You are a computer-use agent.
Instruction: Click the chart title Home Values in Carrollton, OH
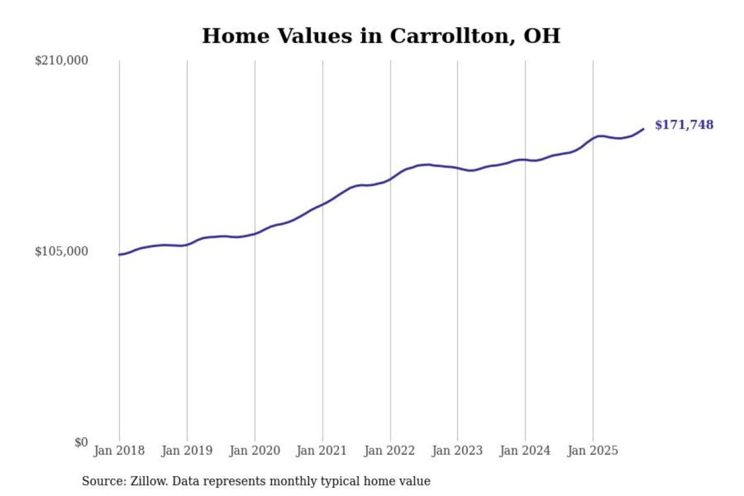(381, 36)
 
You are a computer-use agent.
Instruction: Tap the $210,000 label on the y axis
(61, 60)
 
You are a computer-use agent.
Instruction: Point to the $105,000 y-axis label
(61, 251)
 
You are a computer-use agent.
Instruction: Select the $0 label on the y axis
(81, 442)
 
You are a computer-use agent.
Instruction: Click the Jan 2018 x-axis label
(119, 451)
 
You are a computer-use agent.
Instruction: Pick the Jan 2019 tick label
(187, 451)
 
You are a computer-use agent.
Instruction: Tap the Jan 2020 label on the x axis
(254, 451)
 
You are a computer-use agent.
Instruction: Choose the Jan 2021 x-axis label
(321, 451)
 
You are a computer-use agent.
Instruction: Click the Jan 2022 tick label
(389, 451)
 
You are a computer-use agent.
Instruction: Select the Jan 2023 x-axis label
(457, 451)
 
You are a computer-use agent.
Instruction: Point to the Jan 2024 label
(524, 451)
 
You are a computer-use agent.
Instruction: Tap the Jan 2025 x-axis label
(592, 451)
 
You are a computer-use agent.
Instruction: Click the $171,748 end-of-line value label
(684, 125)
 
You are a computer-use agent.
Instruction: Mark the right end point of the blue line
(643, 129)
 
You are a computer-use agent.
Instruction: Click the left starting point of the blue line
(119, 254)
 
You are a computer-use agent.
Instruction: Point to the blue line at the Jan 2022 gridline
(391, 179)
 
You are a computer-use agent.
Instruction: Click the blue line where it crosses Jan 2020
(255, 234)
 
